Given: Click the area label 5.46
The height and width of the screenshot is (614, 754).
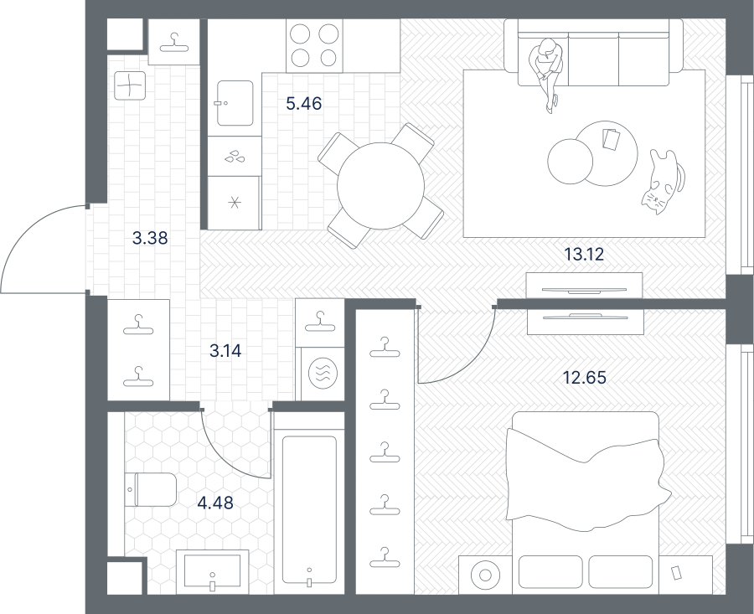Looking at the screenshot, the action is pos(303,103).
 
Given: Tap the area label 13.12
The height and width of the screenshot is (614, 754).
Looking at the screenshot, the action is pos(584,254).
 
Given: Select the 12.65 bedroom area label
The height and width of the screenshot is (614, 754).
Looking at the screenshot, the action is pos(584,378).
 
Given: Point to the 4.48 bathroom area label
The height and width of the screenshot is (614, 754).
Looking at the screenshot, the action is pos(215,503).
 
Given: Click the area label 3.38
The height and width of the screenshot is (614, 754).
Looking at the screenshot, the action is pos(150,238).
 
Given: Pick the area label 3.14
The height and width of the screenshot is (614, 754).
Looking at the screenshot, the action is pos(225,350).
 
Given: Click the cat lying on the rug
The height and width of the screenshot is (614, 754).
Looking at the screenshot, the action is pos(664,181).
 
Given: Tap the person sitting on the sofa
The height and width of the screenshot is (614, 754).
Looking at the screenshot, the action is pos(546,72).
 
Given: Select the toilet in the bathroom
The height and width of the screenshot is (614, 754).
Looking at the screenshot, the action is pos(151,489).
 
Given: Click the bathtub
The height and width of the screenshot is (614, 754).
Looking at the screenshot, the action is pos(309,509).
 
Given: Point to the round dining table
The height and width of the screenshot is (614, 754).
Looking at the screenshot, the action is pos(380,186).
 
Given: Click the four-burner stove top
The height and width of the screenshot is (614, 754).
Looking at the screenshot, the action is pos(314,46).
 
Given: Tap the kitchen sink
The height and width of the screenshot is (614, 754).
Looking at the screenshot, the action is pos(235,103).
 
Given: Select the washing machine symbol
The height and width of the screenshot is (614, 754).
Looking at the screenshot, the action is pos(323,373).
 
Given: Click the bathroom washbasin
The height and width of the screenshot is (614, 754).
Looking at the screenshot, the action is pos(212,571).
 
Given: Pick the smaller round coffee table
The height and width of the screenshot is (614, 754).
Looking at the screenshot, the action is pos(570,161).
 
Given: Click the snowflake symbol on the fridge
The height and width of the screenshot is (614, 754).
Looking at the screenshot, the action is pos(235,203).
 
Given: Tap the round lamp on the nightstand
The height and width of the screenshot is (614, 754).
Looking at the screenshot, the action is pos(485,575).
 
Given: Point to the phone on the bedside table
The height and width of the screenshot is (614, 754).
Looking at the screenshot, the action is pos(677,573).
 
